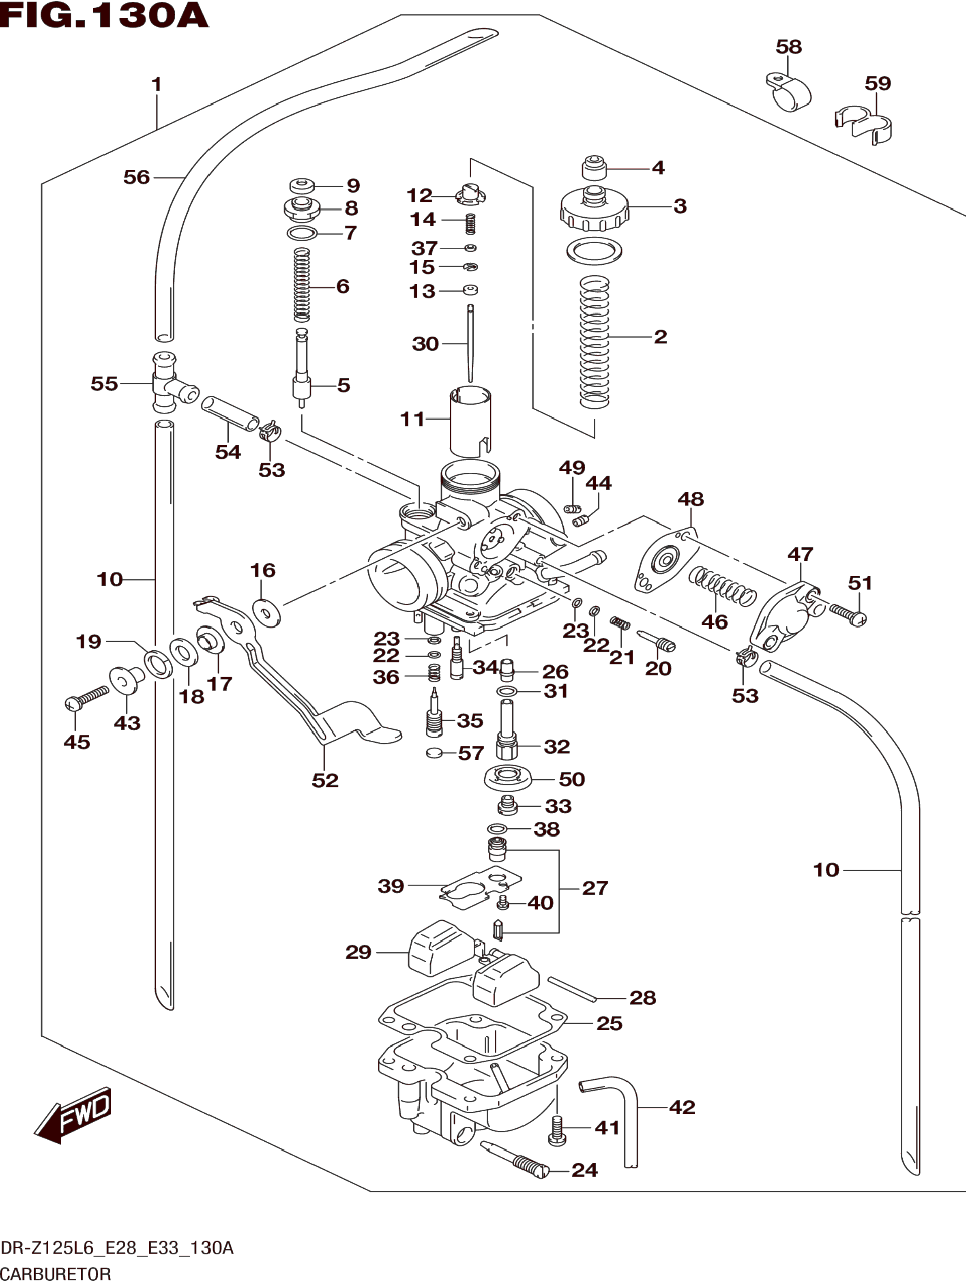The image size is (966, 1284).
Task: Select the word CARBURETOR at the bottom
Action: (56, 1274)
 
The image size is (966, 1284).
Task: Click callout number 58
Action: (788, 47)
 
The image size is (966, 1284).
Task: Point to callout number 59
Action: (877, 84)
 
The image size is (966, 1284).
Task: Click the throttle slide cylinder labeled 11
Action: (470, 420)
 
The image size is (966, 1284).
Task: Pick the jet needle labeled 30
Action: (470, 343)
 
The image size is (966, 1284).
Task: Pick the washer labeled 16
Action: (266, 612)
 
